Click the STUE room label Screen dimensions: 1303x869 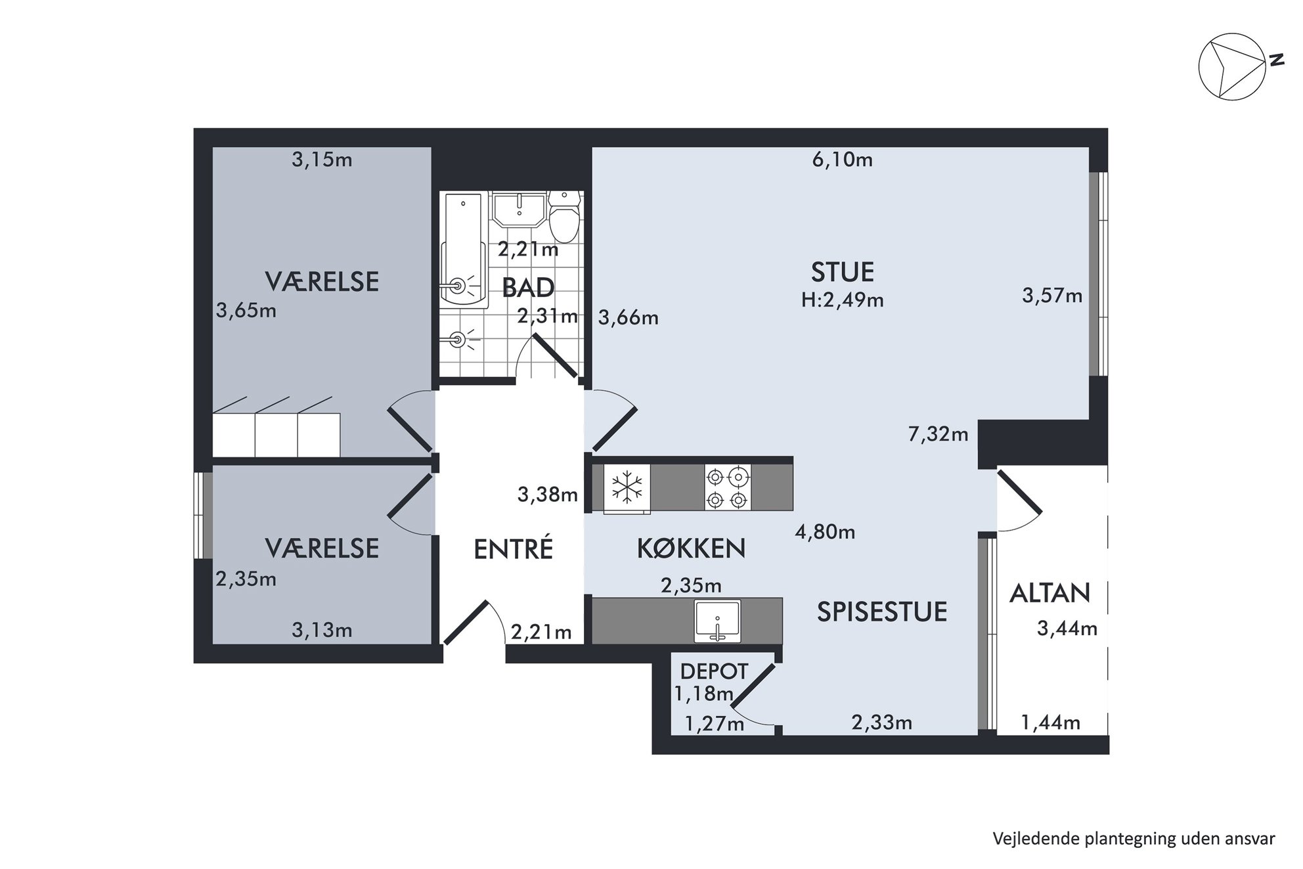click(x=843, y=271)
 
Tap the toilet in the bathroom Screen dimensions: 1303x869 click(x=563, y=216)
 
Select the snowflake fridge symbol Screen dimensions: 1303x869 click(x=627, y=487)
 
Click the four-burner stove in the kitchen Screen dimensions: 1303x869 click(x=728, y=487)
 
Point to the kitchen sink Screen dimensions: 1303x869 click(x=717, y=621)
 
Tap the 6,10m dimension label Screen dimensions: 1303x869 click(x=843, y=160)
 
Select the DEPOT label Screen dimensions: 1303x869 click(x=714, y=671)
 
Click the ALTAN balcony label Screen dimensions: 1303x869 click(x=1049, y=593)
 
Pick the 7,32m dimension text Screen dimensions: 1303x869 click(x=938, y=434)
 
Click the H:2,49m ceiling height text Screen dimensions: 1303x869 click(x=843, y=300)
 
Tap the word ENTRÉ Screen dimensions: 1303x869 click(x=514, y=549)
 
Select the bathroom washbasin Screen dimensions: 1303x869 click(x=519, y=208)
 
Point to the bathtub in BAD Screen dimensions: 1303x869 click(x=464, y=250)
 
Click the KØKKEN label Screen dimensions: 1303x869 click(x=692, y=548)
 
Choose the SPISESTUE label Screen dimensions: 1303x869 click(x=882, y=612)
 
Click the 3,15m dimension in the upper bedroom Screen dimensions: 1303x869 click(x=322, y=160)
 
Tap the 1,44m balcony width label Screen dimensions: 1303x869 click(x=1050, y=723)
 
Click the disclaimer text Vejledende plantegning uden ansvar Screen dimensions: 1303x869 click(x=1134, y=839)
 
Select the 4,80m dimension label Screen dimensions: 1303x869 click(x=825, y=531)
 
